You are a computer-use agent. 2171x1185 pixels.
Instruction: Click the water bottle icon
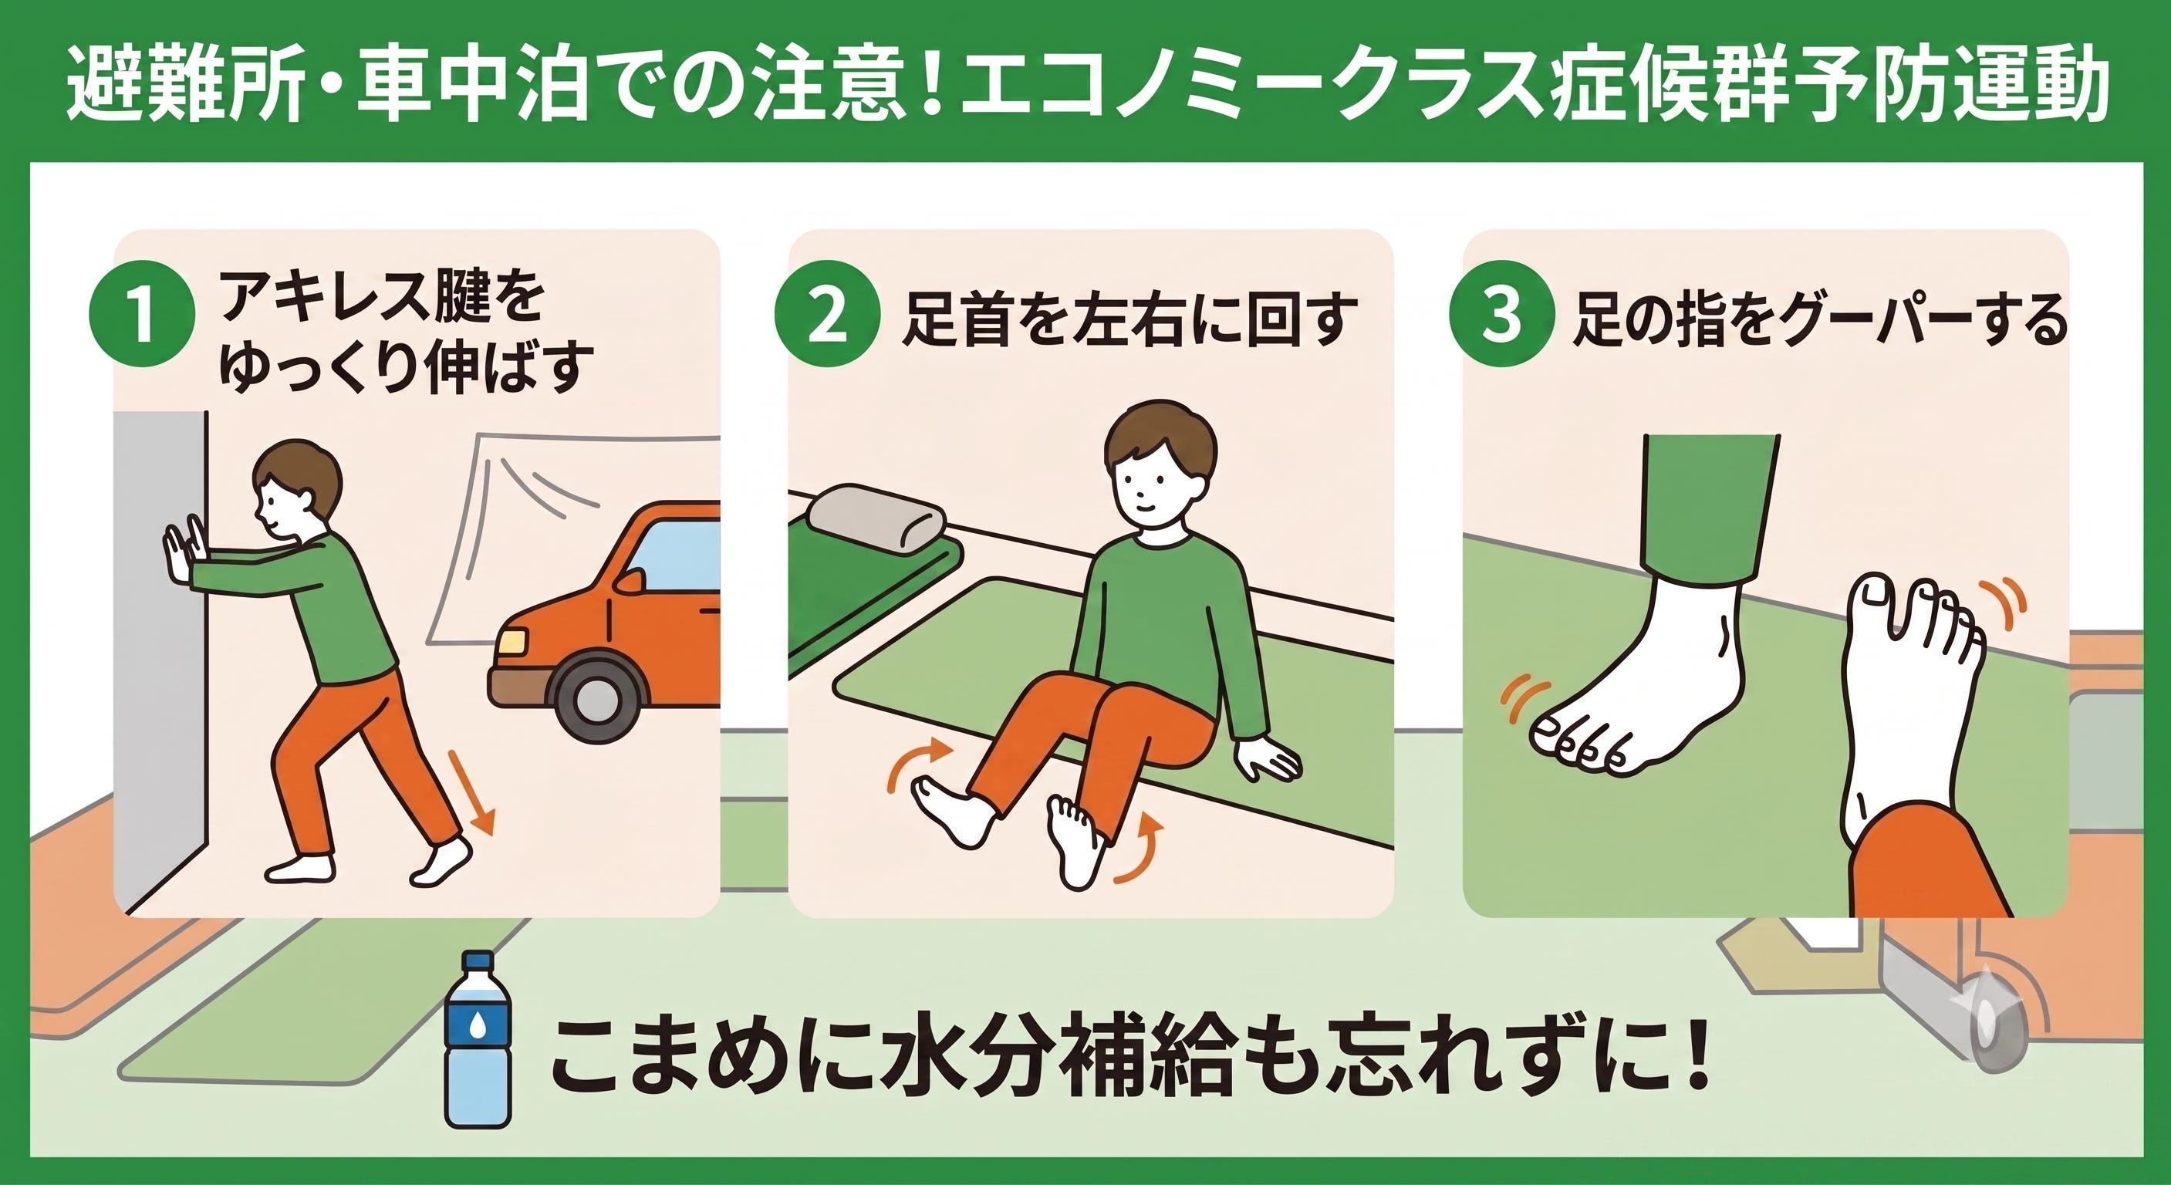[x=478, y=1039]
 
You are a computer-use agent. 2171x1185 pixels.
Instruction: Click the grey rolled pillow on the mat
[x=876, y=519]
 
